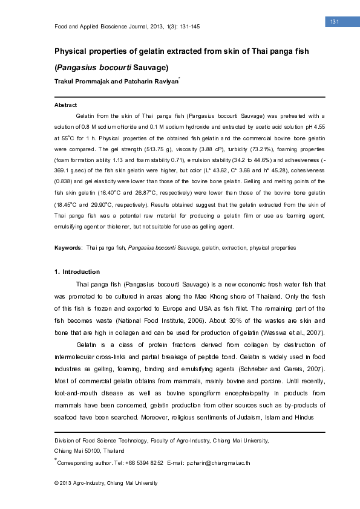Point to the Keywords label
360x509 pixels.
pyautogui.click(x=68, y=248)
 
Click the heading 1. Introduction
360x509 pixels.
pyautogui.click(x=77, y=271)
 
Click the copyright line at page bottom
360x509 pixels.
pyautogui.click(x=106, y=483)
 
